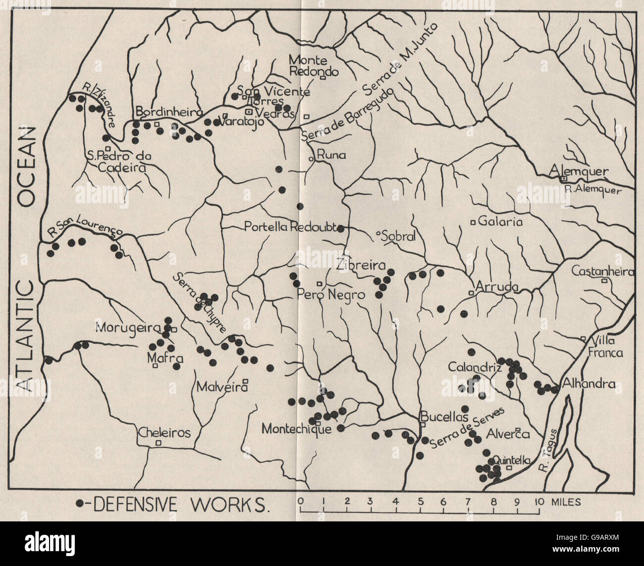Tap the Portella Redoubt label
click(x=290, y=227)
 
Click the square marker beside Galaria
click(x=473, y=223)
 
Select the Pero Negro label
click(x=331, y=294)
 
